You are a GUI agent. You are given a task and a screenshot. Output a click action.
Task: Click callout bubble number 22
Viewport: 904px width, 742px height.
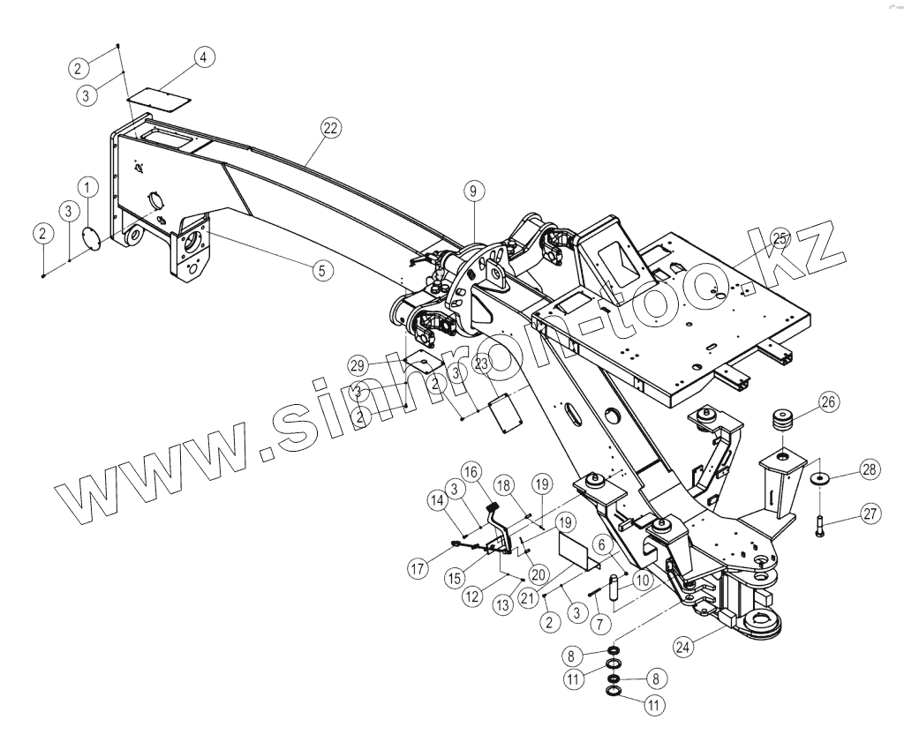coord(330,128)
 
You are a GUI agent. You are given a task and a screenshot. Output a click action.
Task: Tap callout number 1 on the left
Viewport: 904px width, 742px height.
coord(87,186)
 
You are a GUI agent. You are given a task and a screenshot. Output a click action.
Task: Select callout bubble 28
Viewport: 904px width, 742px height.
coord(870,470)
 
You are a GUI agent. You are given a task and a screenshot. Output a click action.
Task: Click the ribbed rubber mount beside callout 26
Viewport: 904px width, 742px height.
coord(781,420)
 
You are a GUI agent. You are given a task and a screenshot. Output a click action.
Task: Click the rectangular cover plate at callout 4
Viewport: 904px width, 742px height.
coord(160,94)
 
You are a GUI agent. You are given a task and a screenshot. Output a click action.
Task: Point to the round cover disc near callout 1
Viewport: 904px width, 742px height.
coord(90,238)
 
